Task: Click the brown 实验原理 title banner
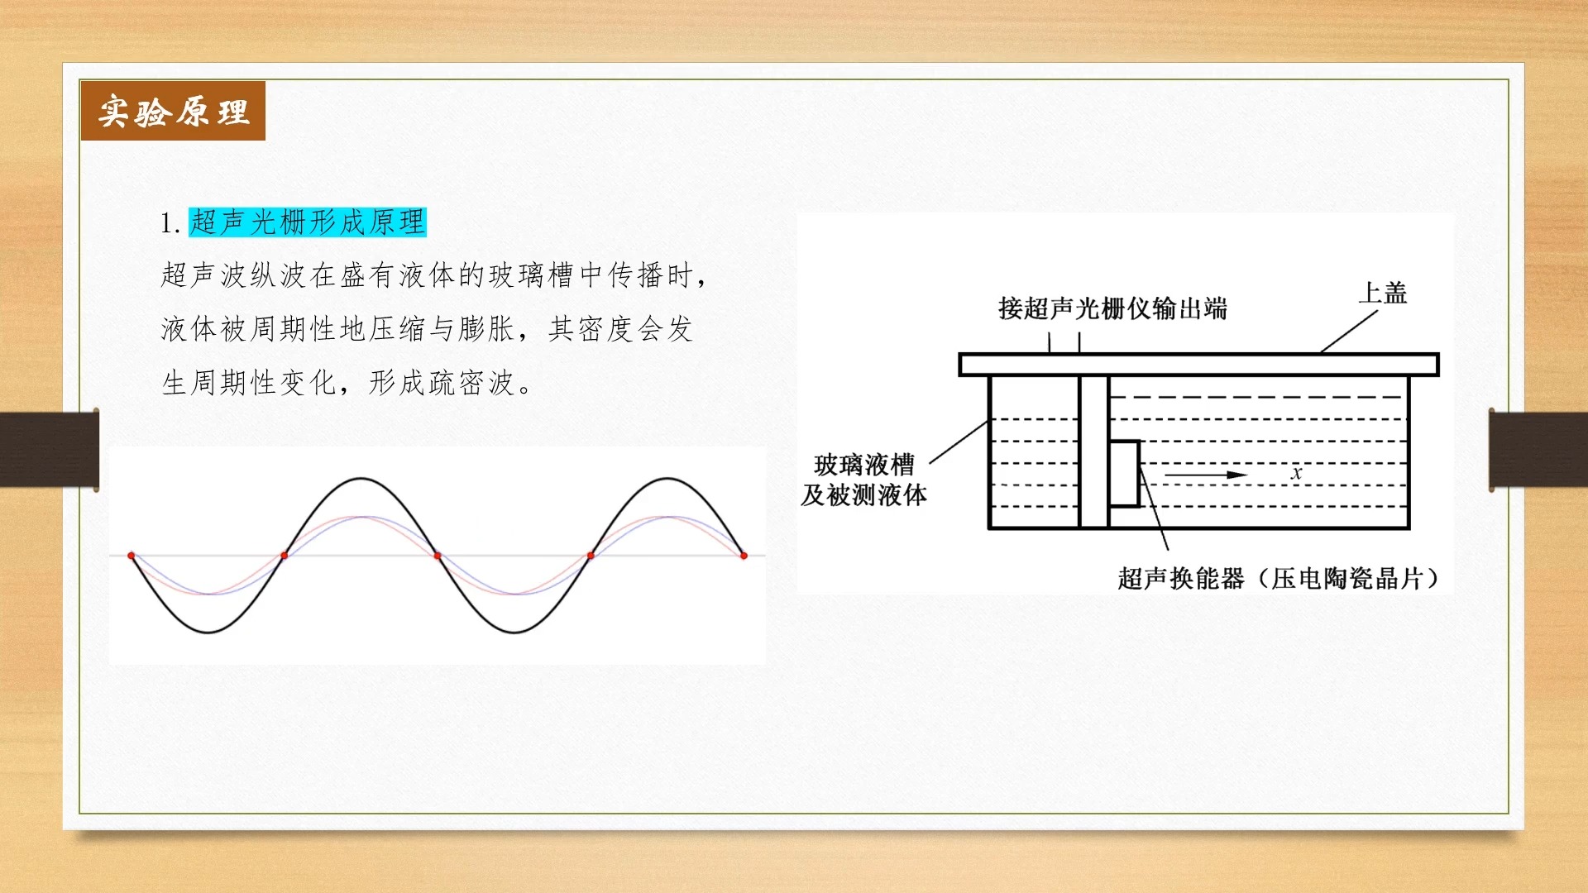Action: (173, 111)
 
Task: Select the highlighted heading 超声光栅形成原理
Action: (308, 222)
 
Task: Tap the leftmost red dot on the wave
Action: (132, 556)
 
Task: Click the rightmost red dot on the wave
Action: (744, 556)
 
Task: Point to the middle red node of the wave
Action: (438, 556)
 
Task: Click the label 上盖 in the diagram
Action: (1383, 293)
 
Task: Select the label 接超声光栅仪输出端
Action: (1112, 308)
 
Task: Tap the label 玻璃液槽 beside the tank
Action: (864, 465)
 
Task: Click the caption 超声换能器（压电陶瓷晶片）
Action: (1279, 578)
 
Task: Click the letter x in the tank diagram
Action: (1296, 473)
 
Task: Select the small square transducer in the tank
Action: (1124, 473)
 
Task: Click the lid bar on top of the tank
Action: (1199, 365)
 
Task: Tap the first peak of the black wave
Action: (361, 479)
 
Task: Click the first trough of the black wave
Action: (208, 633)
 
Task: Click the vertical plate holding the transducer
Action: (1093, 451)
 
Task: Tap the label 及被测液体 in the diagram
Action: (864, 495)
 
